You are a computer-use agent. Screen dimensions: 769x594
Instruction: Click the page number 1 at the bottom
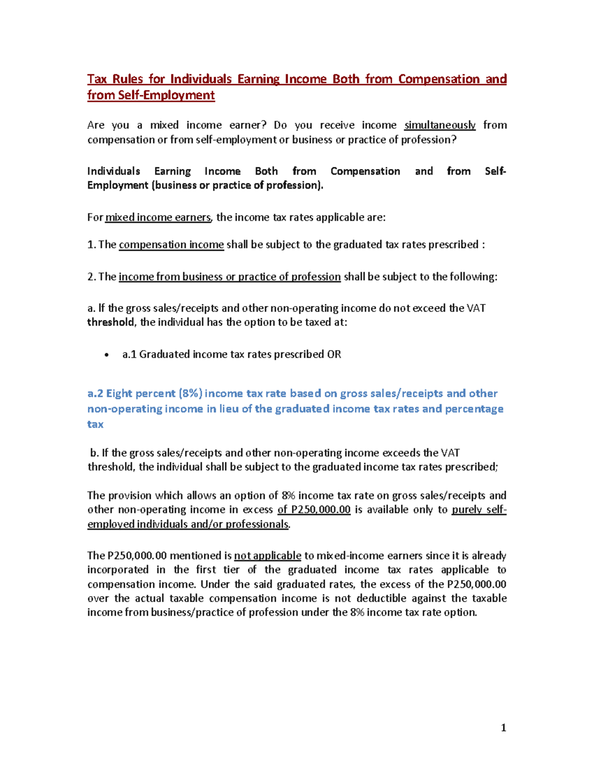pyautogui.click(x=503, y=727)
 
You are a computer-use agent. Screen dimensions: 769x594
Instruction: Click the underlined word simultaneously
pyautogui.click(x=440, y=125)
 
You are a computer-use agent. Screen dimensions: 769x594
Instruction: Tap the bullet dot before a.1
pyautogui.click(x=106, y=355)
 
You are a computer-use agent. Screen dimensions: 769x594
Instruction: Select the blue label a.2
pyautogui.click(x=96, y=394)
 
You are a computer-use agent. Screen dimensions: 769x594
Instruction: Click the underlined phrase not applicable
pyautogui.click(x=267, y=556)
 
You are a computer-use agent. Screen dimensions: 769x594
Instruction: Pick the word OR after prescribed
pyautogui.click(x=334, y=355)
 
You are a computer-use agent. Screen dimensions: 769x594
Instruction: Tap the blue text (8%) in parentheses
pyautogui.click(x=191, y=394)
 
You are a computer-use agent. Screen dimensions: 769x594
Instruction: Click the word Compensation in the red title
pyautogui.click(x=439, y=79)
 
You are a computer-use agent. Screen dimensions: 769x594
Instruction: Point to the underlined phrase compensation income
pyautogui.click(x=171, y=245)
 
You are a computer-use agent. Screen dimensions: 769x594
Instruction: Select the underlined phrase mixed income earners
pyautogui.click(x=158, y=217)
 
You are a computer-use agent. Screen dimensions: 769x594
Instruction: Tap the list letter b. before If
pyautogui.click(x=94, y=453)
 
